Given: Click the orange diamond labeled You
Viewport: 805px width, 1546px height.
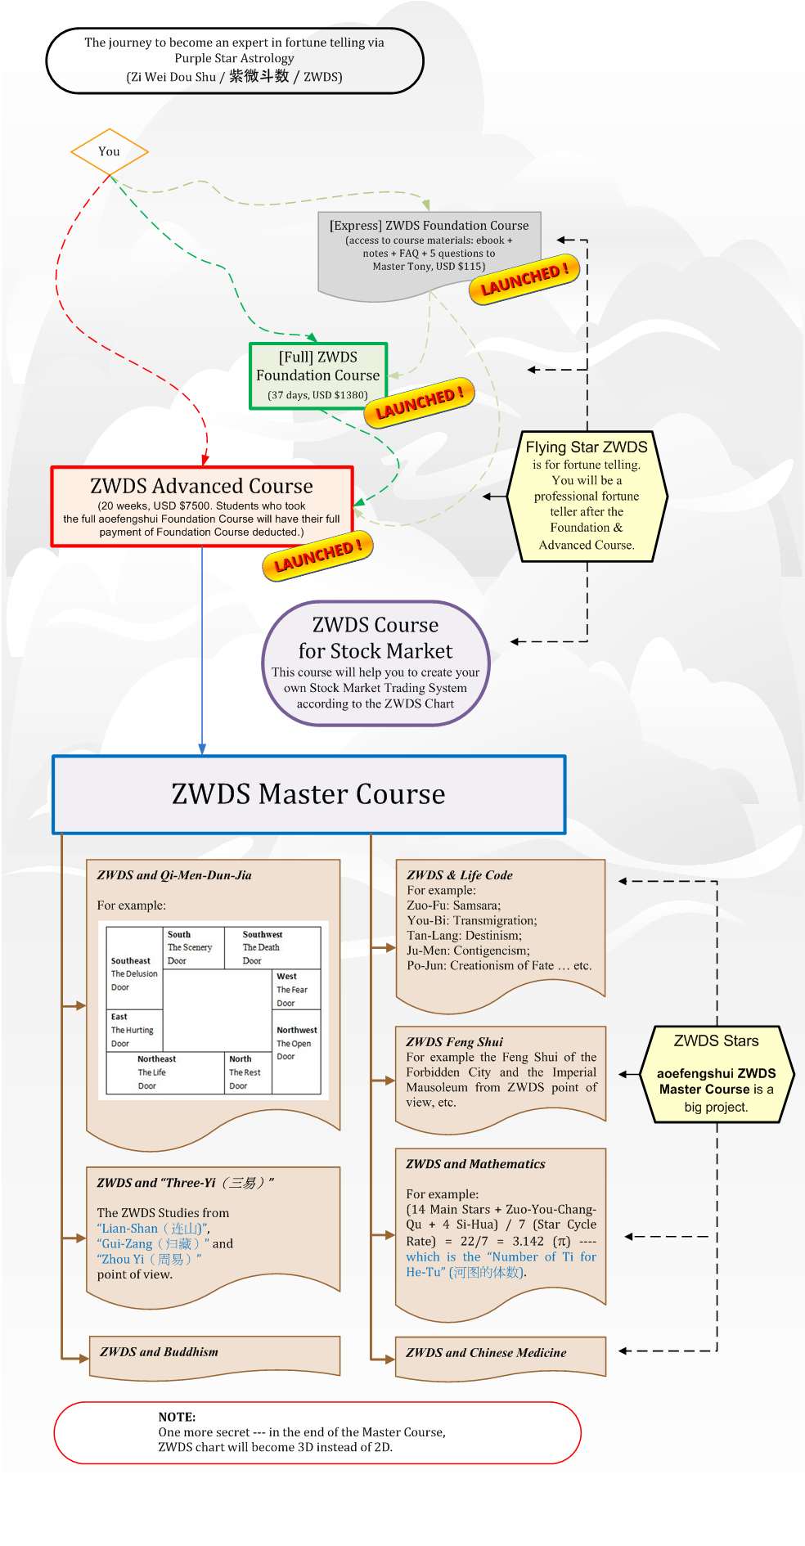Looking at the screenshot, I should (x=110, y=151).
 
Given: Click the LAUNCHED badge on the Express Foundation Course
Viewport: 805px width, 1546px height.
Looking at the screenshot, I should (x=524, y=279).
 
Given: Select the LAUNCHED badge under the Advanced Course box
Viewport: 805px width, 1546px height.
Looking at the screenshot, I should (x=317, y=556).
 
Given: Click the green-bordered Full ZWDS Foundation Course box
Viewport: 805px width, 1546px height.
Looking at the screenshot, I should (x=318, y=375).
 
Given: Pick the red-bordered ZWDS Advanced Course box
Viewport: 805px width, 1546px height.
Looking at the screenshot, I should (x=202, y=506).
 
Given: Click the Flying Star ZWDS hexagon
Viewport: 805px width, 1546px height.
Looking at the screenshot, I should (x=587, y=496).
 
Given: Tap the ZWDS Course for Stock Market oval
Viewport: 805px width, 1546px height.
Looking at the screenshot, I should (x=376, y=663).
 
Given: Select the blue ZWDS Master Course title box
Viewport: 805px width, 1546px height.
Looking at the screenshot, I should (x=308, y=794).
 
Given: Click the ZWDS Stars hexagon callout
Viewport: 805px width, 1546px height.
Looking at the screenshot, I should (x=716, y=1073).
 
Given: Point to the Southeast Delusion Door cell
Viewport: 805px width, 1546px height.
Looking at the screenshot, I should (x=134, y=973).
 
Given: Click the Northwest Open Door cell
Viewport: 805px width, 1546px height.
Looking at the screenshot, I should (x=296, y=1043).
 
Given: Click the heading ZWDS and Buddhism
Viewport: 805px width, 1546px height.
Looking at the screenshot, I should (x=160, y=1352).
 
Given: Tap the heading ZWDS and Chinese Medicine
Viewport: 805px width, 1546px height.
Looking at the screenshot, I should (x=486, y=1353).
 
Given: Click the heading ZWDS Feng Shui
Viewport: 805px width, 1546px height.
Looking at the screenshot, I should (x=455, y=1042).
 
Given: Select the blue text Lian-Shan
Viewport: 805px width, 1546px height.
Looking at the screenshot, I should (x=128, y=1229).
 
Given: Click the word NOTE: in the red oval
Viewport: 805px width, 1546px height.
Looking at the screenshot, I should (x=177, y=1417).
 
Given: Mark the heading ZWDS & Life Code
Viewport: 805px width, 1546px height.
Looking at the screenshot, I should (x=460, y=875).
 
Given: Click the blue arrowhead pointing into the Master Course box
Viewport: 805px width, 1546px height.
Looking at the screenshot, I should (x=202, y=749).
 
